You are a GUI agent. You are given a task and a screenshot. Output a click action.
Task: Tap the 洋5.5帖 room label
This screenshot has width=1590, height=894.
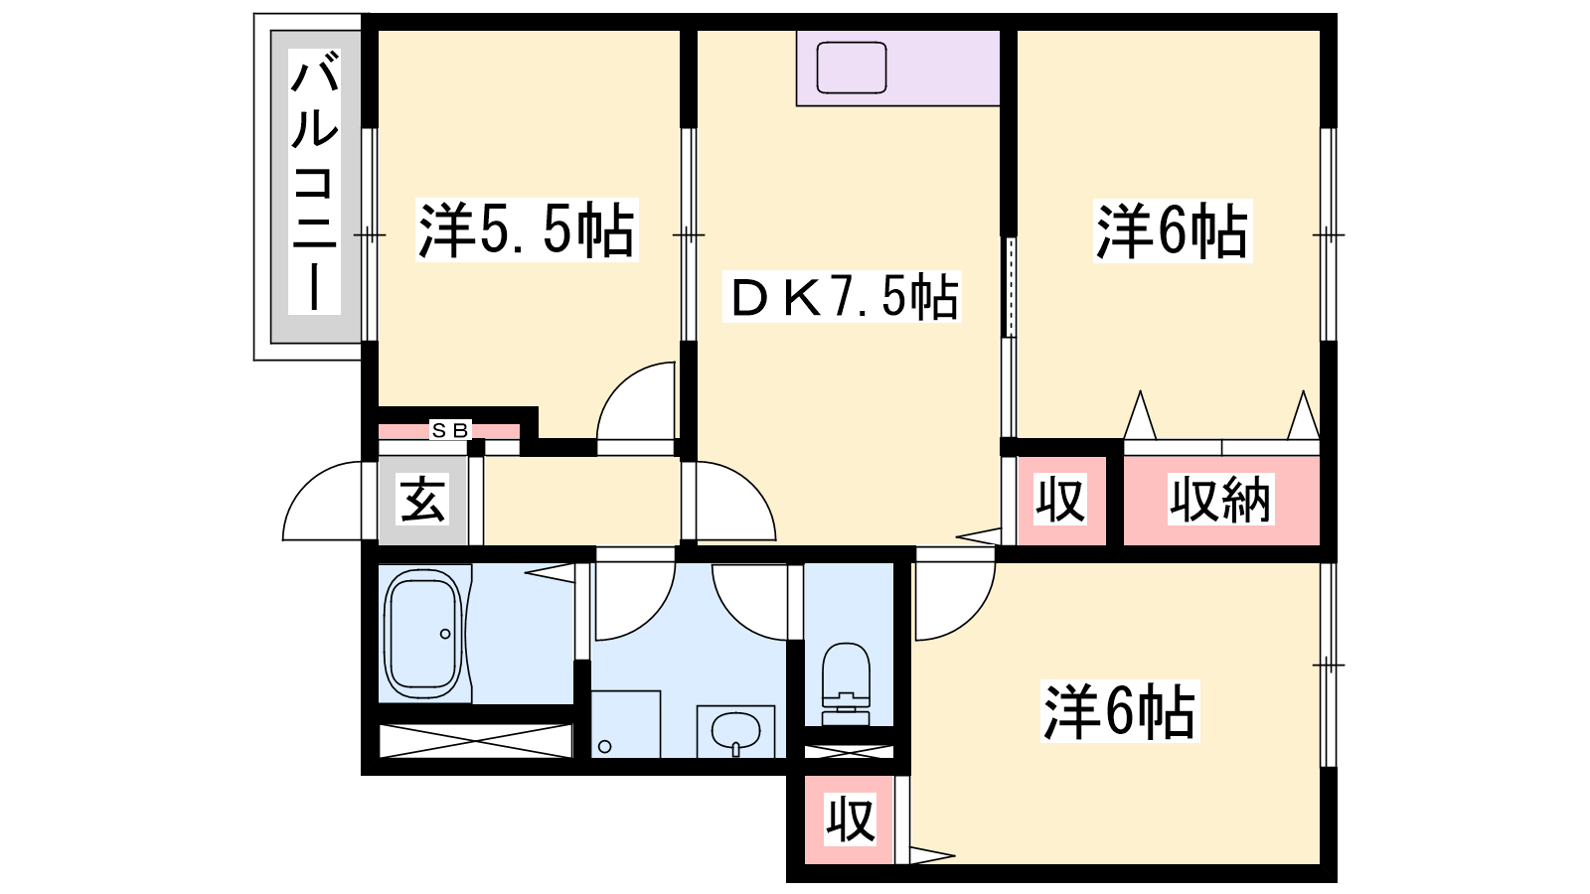(527, 229)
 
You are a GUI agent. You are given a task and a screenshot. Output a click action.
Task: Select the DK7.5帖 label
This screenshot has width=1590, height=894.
(842, 296)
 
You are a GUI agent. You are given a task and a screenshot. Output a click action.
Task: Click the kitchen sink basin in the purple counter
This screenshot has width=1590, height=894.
(852, 69)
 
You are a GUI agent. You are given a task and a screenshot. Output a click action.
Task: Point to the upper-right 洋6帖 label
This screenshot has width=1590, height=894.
(1173, 231)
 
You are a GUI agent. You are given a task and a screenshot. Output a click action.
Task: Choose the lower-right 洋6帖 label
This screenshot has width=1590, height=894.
(1120, 711)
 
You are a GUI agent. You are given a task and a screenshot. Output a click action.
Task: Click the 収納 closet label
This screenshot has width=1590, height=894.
(1220, 501)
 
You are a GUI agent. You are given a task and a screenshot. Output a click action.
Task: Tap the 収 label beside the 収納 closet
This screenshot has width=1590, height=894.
(1060, 501)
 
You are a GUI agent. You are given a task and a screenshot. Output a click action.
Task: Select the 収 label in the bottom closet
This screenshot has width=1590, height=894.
(851, 820)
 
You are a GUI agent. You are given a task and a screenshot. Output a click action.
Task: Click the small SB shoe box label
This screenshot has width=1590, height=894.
(450, 430)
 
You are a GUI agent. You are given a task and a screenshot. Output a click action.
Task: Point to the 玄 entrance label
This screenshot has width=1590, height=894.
(423, 501)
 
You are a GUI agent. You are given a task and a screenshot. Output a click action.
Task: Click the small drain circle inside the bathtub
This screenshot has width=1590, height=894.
(445, 634)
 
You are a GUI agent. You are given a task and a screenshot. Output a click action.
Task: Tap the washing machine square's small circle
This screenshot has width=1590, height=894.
(605, 746)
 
